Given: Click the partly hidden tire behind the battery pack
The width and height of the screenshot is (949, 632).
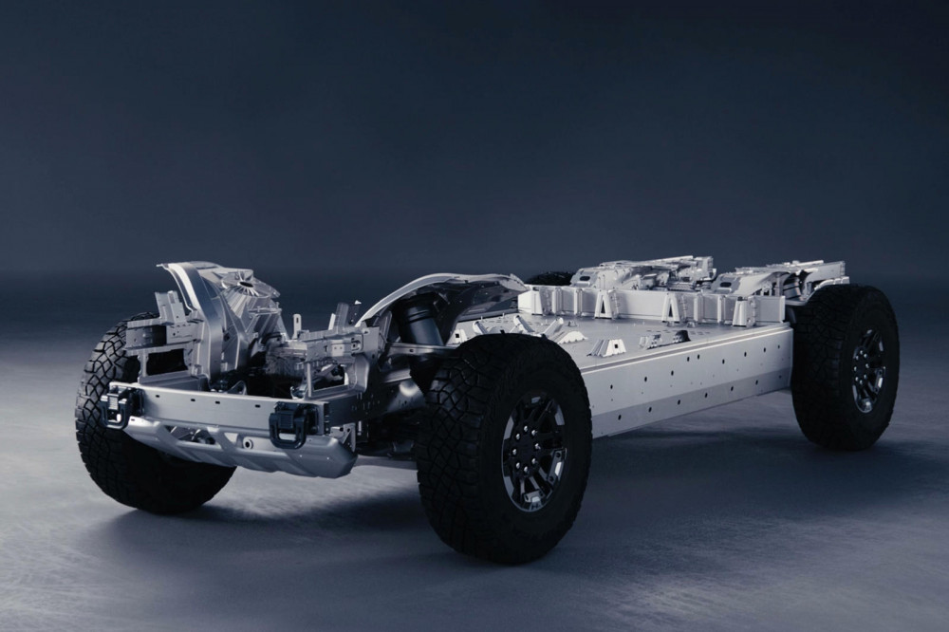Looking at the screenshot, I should tap(550, 279).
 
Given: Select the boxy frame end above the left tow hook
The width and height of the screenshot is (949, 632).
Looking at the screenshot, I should tap(152, 332).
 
